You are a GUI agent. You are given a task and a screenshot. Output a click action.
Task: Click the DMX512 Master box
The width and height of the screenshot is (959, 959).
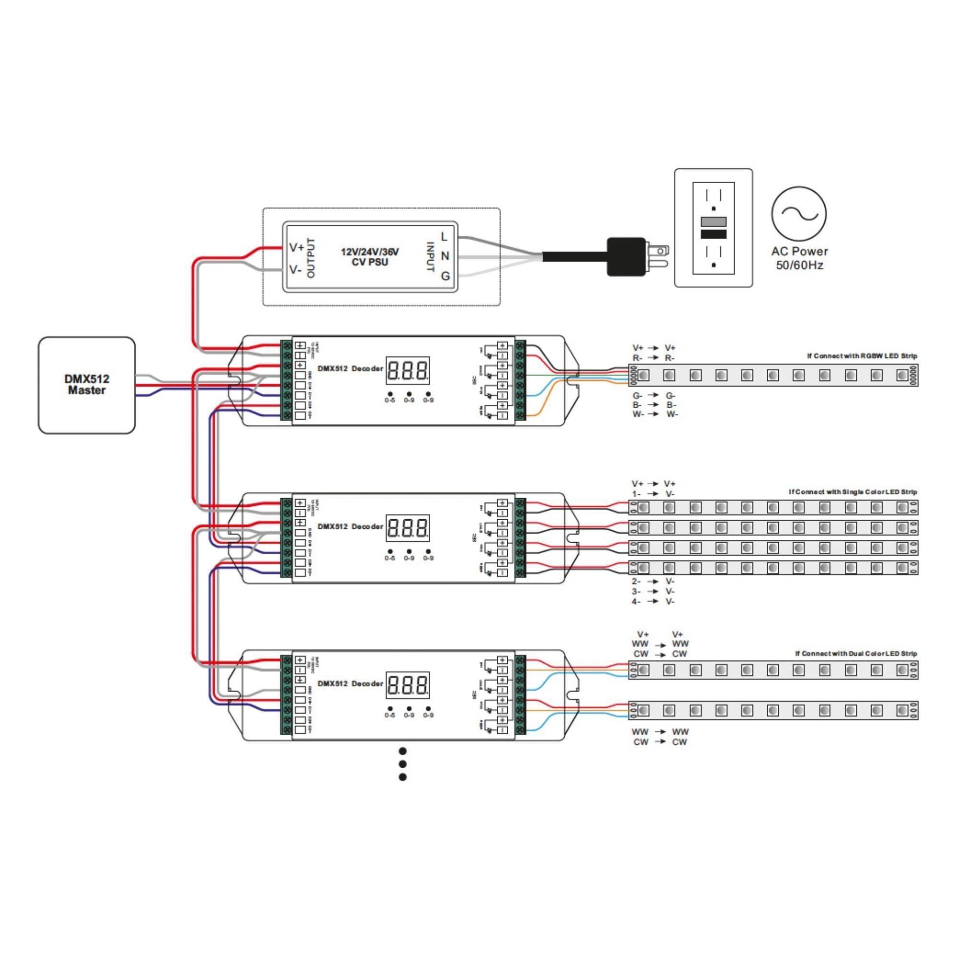point(86,385)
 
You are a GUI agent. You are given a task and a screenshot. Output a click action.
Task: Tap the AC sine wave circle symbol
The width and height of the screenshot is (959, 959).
point(799,214)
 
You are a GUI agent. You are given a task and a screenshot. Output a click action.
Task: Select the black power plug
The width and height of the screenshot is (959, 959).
point(626,257)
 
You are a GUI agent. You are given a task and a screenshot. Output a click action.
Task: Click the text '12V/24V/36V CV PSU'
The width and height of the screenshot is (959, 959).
point(370,257)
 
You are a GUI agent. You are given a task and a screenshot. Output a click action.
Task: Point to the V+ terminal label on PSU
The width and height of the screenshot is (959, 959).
point(296,247)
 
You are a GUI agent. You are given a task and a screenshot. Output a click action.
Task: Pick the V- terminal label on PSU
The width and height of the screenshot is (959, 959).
point(295,269)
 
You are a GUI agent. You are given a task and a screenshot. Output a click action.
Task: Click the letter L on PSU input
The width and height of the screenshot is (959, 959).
point(444,237)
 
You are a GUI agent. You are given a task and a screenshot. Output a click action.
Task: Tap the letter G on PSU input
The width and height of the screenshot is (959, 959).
point(445,276)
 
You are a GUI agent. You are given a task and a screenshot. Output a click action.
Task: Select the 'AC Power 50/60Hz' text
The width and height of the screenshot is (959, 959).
point(799,258)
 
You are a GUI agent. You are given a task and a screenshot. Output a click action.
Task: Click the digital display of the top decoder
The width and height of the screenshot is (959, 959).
point(408,370)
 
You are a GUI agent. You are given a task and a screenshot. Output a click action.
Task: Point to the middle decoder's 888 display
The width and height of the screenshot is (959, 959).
point(408,528)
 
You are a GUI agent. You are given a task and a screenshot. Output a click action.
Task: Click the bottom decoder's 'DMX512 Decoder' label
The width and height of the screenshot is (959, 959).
point(350,683)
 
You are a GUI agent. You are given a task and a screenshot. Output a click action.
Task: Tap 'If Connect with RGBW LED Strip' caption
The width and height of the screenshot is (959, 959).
point(862,356)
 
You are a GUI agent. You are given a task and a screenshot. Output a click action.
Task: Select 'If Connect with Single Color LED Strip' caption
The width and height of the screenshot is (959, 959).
point(853,492)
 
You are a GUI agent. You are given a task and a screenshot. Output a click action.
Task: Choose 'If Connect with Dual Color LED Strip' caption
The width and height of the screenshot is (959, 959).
point(856,654)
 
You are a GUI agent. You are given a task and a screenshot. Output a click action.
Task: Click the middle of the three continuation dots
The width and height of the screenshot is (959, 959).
point(403,764)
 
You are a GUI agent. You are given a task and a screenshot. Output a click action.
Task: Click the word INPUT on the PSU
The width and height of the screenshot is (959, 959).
point(431,257)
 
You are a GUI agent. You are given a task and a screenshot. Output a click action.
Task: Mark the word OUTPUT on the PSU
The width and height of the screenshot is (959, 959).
point(311,257)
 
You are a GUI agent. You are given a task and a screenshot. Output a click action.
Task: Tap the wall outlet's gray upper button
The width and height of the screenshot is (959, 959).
point(713,222)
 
